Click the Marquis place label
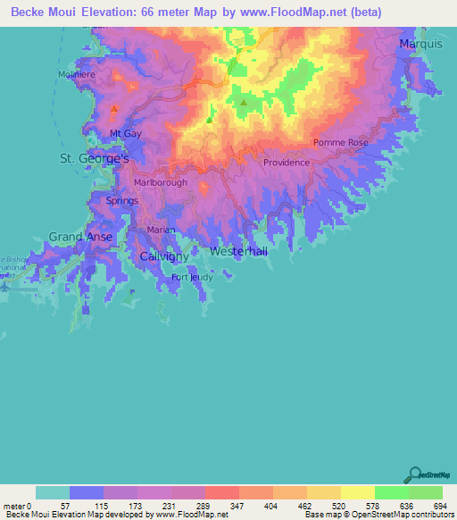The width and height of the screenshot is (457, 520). tap(421, 43)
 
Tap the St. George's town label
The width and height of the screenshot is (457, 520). tap(94, 158)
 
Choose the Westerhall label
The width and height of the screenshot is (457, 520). tap(238, 252)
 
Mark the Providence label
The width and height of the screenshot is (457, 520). tap(287, 163)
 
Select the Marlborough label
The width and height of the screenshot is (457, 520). tap(161, 182)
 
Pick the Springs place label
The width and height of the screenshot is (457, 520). tap(121, 201)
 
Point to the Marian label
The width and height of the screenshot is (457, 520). tap(161, 230)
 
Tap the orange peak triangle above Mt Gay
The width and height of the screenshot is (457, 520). tap(115, 109)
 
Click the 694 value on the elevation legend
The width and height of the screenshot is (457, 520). tap(440, 506)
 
